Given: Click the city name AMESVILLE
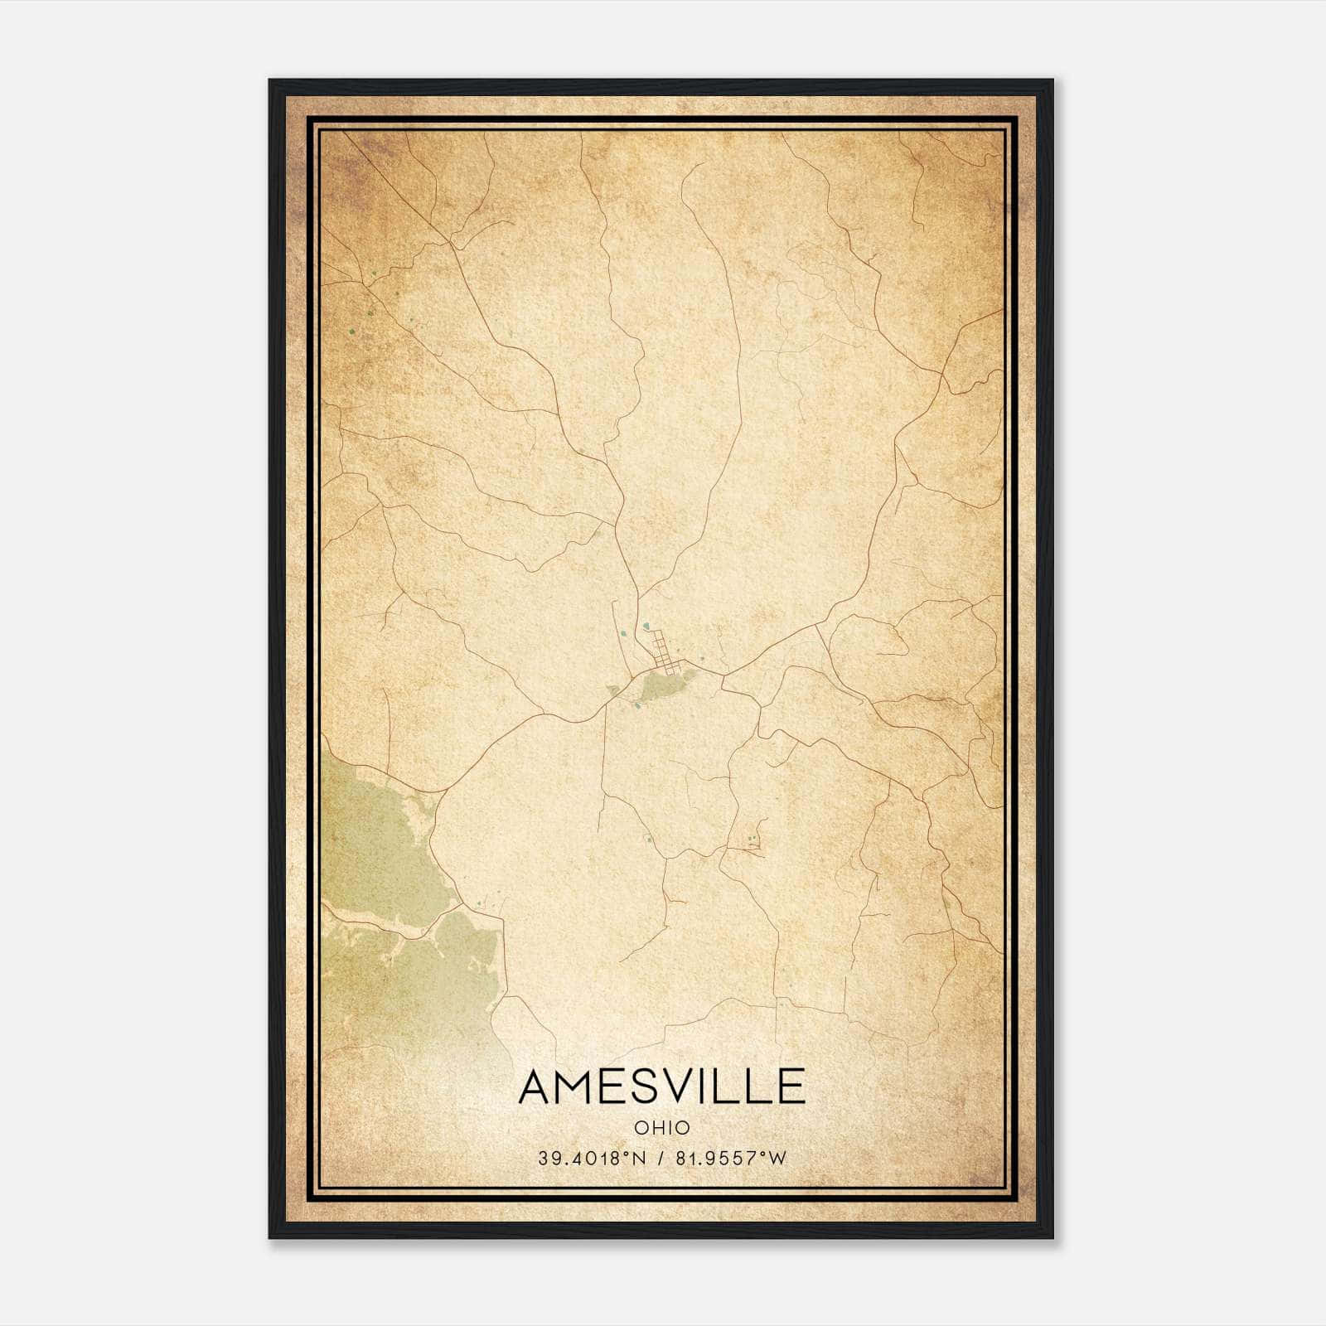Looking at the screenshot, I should point(662,1086).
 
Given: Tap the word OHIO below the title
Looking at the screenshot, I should point(662,1127).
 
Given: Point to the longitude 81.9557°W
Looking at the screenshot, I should point(729,1159).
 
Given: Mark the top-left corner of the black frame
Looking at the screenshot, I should point(270,81).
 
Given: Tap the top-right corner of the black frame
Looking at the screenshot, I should point(1052,81).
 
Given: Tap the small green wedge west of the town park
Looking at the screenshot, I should point(614,690).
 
